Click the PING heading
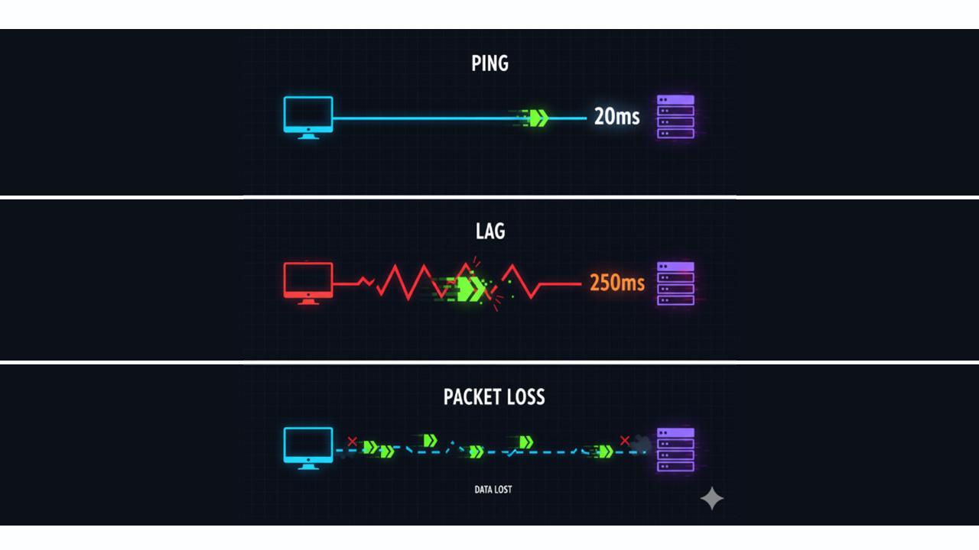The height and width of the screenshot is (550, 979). click(x=489, y=63)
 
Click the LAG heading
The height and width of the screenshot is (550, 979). click(x=490, y=231)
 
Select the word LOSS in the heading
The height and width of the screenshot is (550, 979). click(x=525, y=396)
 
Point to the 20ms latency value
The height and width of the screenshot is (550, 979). click(x=616, y=117)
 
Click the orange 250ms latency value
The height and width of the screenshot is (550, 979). click(x=617, y=283)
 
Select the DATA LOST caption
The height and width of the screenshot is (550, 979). click(x=493, y=490)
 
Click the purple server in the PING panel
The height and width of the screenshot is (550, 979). click(x=675, y=117)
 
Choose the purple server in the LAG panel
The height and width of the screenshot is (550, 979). click(x=675, y=283)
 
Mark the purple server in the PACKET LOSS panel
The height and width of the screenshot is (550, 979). click(x=675, y=450)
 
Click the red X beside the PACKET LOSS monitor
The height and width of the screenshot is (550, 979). click(x=353, y=442)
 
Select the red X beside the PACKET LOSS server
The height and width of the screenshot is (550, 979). click(x=625, y=441)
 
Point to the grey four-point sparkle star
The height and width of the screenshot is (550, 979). click(x=712, y=498)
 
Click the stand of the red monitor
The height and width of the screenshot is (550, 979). click(x=308, y=301)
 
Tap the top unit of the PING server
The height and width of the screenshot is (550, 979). click(x=675, y=100)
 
